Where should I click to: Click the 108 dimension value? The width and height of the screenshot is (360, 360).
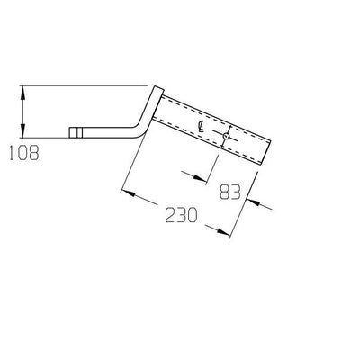pos(22,153)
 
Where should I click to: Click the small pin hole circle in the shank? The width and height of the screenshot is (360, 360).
pos(228,138)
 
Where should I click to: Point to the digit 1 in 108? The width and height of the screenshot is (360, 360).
pos(9,153)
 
